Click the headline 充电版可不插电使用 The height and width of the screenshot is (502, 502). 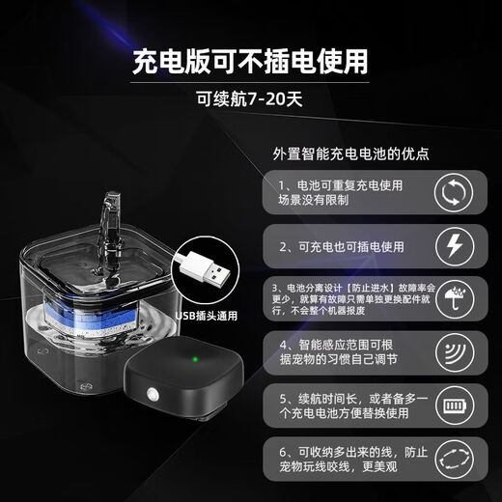(250, 62)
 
